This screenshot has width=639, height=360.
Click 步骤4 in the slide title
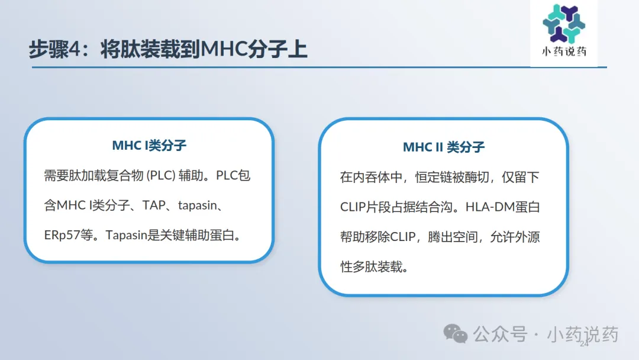55,49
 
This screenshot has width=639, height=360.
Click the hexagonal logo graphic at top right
564,24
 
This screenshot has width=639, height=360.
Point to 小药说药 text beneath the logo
564,52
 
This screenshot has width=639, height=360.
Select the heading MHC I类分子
149,145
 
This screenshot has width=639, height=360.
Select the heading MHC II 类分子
444,147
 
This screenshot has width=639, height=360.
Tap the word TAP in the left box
154,205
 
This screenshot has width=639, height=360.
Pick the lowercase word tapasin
198,205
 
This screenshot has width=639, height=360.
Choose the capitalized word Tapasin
127,235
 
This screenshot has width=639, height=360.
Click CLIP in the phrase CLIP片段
353,207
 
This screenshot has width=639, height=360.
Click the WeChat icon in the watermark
455,333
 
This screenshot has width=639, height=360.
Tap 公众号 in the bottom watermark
500,335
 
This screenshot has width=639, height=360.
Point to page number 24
584,343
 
